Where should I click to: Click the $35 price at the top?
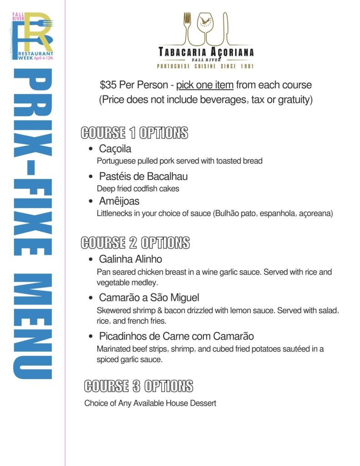point(108,85)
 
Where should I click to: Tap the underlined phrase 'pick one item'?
point(205,85)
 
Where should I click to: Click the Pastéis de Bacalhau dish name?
point(143,176)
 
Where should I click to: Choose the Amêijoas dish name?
point(119,201)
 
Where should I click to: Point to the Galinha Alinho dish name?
point(131,259)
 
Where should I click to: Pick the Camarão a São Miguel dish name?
point(149,298)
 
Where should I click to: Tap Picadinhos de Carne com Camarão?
point(177,336)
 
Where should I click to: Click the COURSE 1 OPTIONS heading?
point(134,133)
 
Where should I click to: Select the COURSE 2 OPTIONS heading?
point(135,243)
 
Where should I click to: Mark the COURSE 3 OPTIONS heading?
point(138,386)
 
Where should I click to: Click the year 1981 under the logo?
point(245,66)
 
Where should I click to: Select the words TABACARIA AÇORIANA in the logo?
point(206,52)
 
